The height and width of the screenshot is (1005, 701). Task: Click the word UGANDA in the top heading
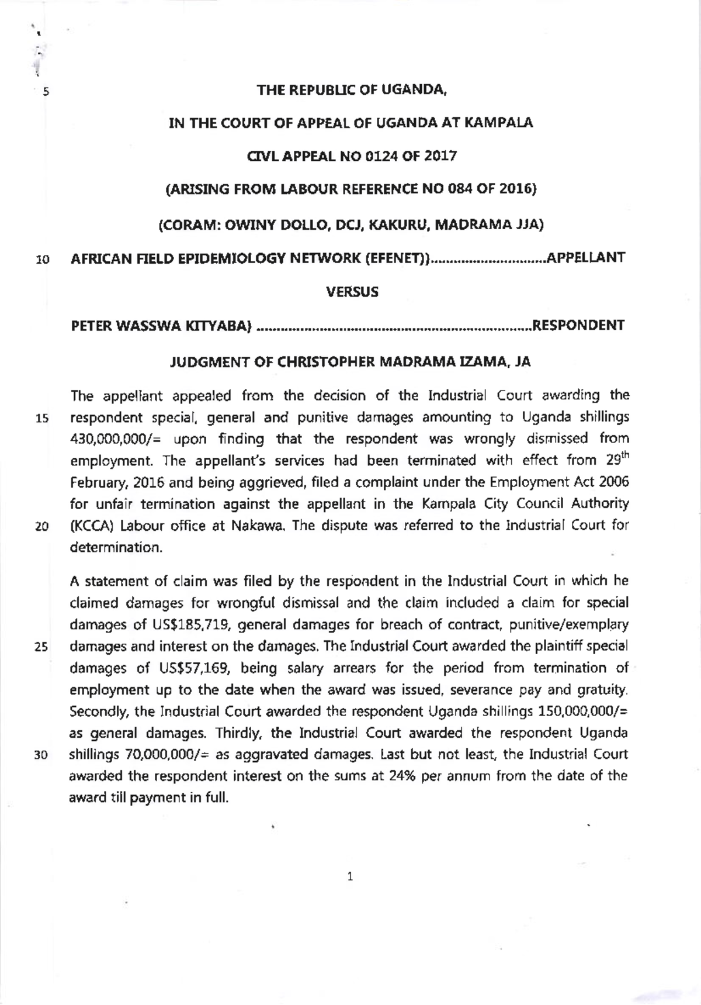click(x=414, y=90)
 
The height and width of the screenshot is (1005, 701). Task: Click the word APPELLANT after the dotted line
click(x=585, y=257)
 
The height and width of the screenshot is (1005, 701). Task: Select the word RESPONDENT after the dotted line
click(x=578, y=325)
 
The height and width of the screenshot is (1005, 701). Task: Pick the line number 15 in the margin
click(x=41, y=419)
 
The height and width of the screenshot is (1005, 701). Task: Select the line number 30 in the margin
click(x=41, y=755)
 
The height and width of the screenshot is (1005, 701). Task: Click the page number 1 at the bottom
click(x=350, y=877)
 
